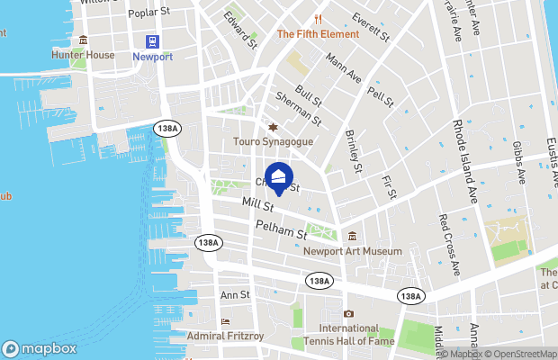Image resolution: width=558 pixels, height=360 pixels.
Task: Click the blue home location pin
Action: [279, 176]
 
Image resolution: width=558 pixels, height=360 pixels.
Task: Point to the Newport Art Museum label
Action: [352, 251]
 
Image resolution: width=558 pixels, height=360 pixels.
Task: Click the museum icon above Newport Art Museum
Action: [353, 236]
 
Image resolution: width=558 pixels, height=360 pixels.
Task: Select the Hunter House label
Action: [82, 55]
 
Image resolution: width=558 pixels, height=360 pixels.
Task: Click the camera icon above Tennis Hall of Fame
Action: [348, 313]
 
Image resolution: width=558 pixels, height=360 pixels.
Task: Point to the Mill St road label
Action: [257, 209]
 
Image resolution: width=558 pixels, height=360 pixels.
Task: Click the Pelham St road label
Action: [281, 231]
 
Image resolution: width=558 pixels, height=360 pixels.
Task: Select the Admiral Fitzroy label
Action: [224, 337]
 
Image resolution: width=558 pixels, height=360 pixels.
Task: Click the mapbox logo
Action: [40, 348]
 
